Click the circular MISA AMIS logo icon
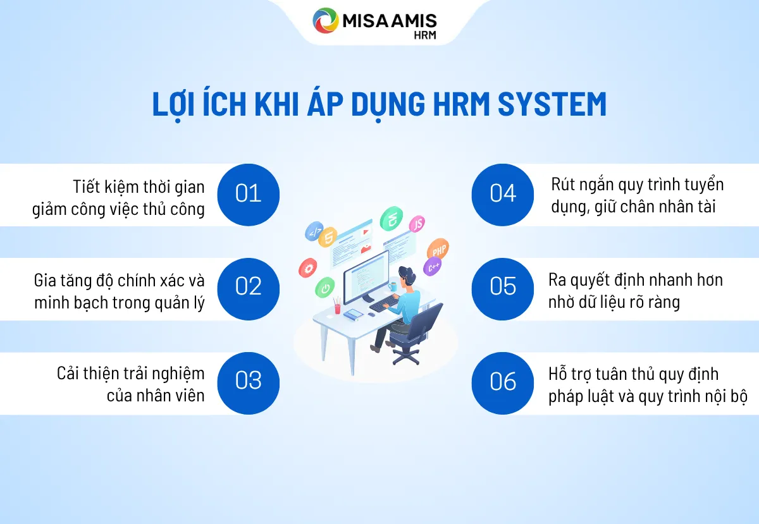(326, 21)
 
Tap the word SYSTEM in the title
(552, 105)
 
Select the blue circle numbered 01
(248, 194)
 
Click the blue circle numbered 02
(248, 288)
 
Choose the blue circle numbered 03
(248, 382)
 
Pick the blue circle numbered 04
(503, 194)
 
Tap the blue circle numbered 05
(503, 288)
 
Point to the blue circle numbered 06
(503, 382)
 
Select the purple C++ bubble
(434, 267)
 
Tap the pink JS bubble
(417, 224)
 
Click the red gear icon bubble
(308, 268)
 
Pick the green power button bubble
(324, 288)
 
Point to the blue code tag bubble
(314, 232)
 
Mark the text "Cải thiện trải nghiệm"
(130, 374)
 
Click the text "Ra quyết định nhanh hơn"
(636, 279)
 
